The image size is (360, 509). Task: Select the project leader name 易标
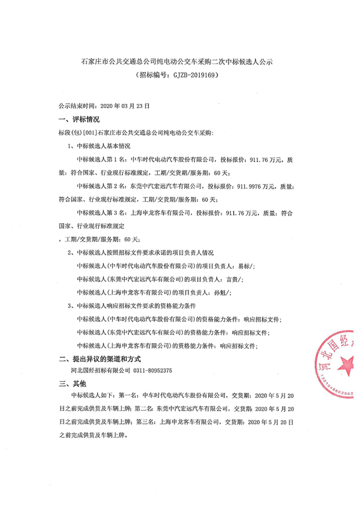coord(238,265)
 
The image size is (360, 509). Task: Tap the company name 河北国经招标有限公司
coord(101,371)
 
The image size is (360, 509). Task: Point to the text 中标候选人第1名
coord(102,160)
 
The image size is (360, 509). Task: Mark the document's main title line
coord(180,62)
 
